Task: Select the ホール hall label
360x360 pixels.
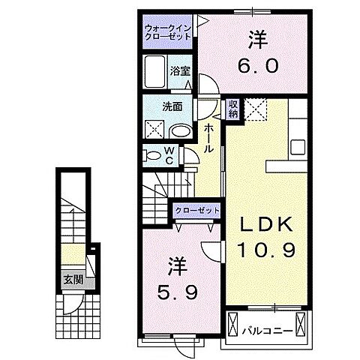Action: click(211, 139)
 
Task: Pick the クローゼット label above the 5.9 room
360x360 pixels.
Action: click(197, 210)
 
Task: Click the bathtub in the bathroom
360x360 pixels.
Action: click(156, 72)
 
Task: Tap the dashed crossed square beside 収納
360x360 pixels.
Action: click(258, 112)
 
